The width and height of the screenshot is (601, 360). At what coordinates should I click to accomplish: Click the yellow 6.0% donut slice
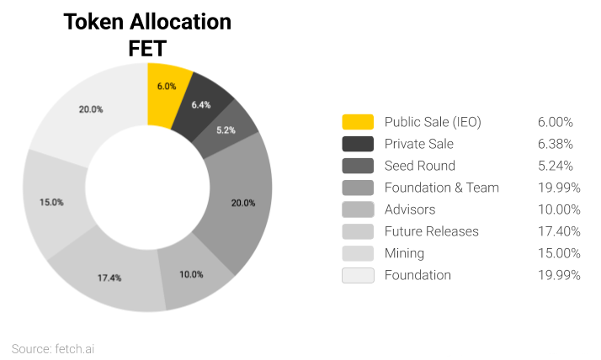(x=166, y=85)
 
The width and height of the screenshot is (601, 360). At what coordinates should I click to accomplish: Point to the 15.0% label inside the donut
(x=52, y=202)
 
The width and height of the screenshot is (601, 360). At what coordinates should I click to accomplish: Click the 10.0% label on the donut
(x=193, y=274)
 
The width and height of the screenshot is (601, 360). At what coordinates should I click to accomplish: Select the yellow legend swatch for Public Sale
(x=358, y=122)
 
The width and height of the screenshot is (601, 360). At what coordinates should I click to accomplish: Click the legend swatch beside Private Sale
(x=358, y=144)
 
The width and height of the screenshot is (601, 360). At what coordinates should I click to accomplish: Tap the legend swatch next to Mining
(x=358, y=253)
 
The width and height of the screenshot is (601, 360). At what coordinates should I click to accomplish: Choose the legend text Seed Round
(x=419, y=166)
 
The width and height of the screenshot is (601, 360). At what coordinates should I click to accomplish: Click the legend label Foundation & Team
(x=441, y=188)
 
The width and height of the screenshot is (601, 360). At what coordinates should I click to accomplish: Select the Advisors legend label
(x=411, y=209)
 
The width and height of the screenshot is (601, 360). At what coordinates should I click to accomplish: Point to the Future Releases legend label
(x=431, y=231)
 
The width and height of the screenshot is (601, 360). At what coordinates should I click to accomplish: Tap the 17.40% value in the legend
(x=558, y=231)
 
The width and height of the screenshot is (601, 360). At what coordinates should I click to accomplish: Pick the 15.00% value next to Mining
(x=558, y=253)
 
